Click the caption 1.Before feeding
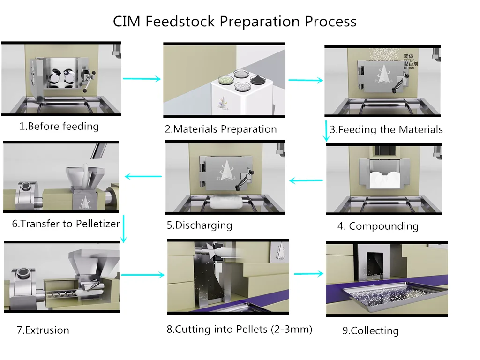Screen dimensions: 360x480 (59, 126)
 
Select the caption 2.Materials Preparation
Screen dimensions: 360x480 (220, 129)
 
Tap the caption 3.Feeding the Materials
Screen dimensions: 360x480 (386, 130)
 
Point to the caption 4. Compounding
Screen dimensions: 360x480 (378, 226)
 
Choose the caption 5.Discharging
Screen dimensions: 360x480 (199, 225)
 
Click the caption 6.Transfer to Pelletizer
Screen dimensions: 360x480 (66, 224)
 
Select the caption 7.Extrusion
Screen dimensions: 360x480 (43, 330)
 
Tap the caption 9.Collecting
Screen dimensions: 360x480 (370, 330)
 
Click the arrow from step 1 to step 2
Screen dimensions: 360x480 (142, 79)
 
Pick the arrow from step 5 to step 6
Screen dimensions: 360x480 (143, 177)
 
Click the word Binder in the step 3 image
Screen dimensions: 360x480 (410, 67)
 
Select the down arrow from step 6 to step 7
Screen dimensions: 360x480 (124, 229)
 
